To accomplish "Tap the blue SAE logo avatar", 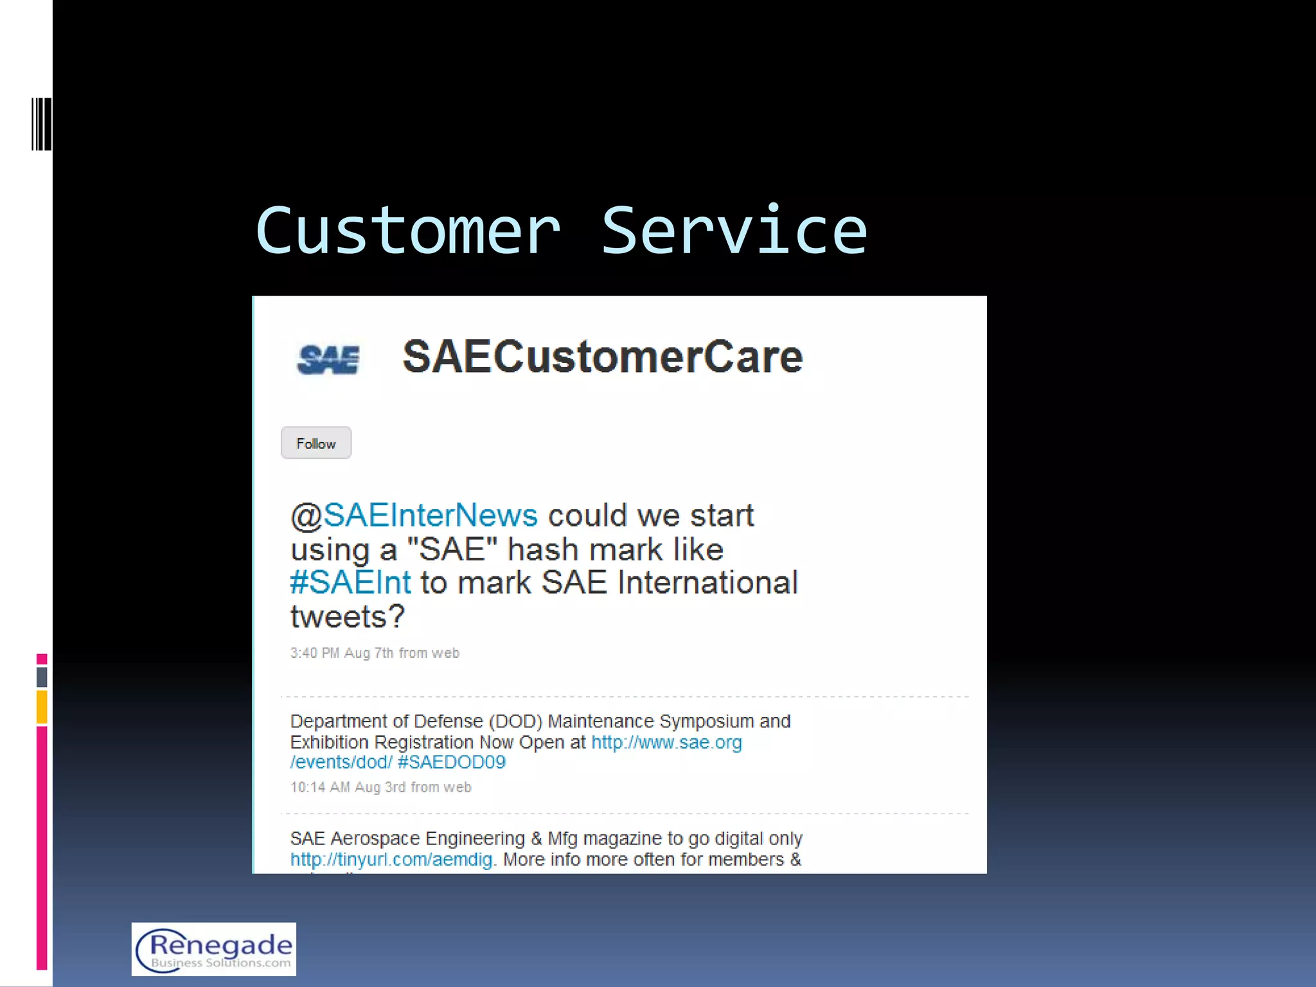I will tap(328, 359).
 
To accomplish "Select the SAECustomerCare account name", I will tap(602, 357).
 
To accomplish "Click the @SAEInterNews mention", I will tap(414, 515).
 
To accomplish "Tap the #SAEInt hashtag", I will tap(351, 583).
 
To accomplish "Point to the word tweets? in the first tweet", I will tap(348, 617).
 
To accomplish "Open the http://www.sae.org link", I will tap(666, 743).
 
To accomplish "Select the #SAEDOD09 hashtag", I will tap(452, 763).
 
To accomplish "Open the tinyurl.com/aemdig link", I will tap(391, 860).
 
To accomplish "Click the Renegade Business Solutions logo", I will tap(214, 949).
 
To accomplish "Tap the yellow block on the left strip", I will tap(42, 706).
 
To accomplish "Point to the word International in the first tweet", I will tap(707, 583).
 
